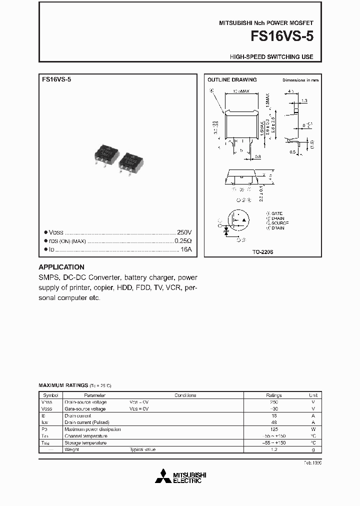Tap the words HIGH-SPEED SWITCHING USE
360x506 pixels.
pos(271,57)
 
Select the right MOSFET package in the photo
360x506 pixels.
pos(132,161)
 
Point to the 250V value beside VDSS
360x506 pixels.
pos(184,232)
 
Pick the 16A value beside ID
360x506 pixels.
pos(185,249)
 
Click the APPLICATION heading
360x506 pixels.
pos(61,267)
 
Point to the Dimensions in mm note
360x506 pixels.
pos(300,80)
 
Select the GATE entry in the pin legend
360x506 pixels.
pos(276,213)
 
